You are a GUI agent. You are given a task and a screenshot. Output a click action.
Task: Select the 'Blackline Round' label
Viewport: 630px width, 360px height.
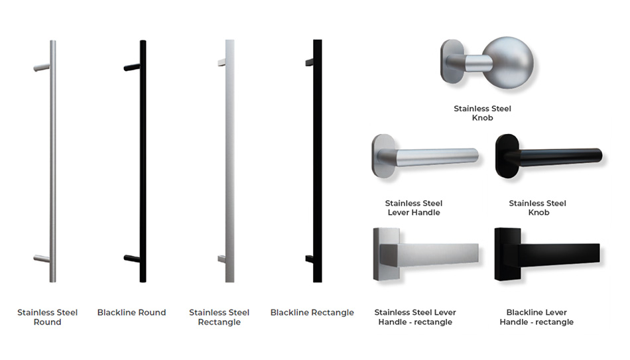coord(131,312)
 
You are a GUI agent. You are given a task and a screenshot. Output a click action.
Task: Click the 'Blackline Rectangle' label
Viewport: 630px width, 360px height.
coord(312,312)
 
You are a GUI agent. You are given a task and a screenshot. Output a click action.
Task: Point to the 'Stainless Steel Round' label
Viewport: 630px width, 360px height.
coord(47,317)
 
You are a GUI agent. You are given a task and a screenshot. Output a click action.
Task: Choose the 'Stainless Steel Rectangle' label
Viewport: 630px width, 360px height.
coord(220,317)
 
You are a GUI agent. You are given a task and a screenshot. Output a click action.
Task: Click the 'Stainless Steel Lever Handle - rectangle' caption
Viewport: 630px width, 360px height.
coord(415,317)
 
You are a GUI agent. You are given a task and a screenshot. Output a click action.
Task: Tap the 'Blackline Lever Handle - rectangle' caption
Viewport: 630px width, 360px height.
coord(536,317)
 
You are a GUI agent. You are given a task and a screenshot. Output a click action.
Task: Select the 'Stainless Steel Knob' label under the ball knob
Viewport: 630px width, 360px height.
coord(482,113)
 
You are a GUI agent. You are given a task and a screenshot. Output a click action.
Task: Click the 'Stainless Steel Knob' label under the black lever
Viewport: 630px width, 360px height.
coord(538,208)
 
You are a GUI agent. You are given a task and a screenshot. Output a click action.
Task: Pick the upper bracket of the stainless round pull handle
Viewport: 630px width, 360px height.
coord(42,68)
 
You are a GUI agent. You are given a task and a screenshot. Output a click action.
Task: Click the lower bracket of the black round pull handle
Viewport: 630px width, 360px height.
coord(132,259)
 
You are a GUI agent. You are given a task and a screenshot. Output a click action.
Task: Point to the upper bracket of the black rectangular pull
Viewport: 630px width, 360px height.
coord(310,62)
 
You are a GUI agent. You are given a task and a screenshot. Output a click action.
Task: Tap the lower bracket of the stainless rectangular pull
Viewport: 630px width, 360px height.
coord(221,259)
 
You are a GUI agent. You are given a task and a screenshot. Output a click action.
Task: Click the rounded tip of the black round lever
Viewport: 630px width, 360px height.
coord(599,155)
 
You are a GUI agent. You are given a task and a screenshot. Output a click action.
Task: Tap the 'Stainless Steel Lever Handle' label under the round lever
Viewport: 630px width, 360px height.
coord(414,208)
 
